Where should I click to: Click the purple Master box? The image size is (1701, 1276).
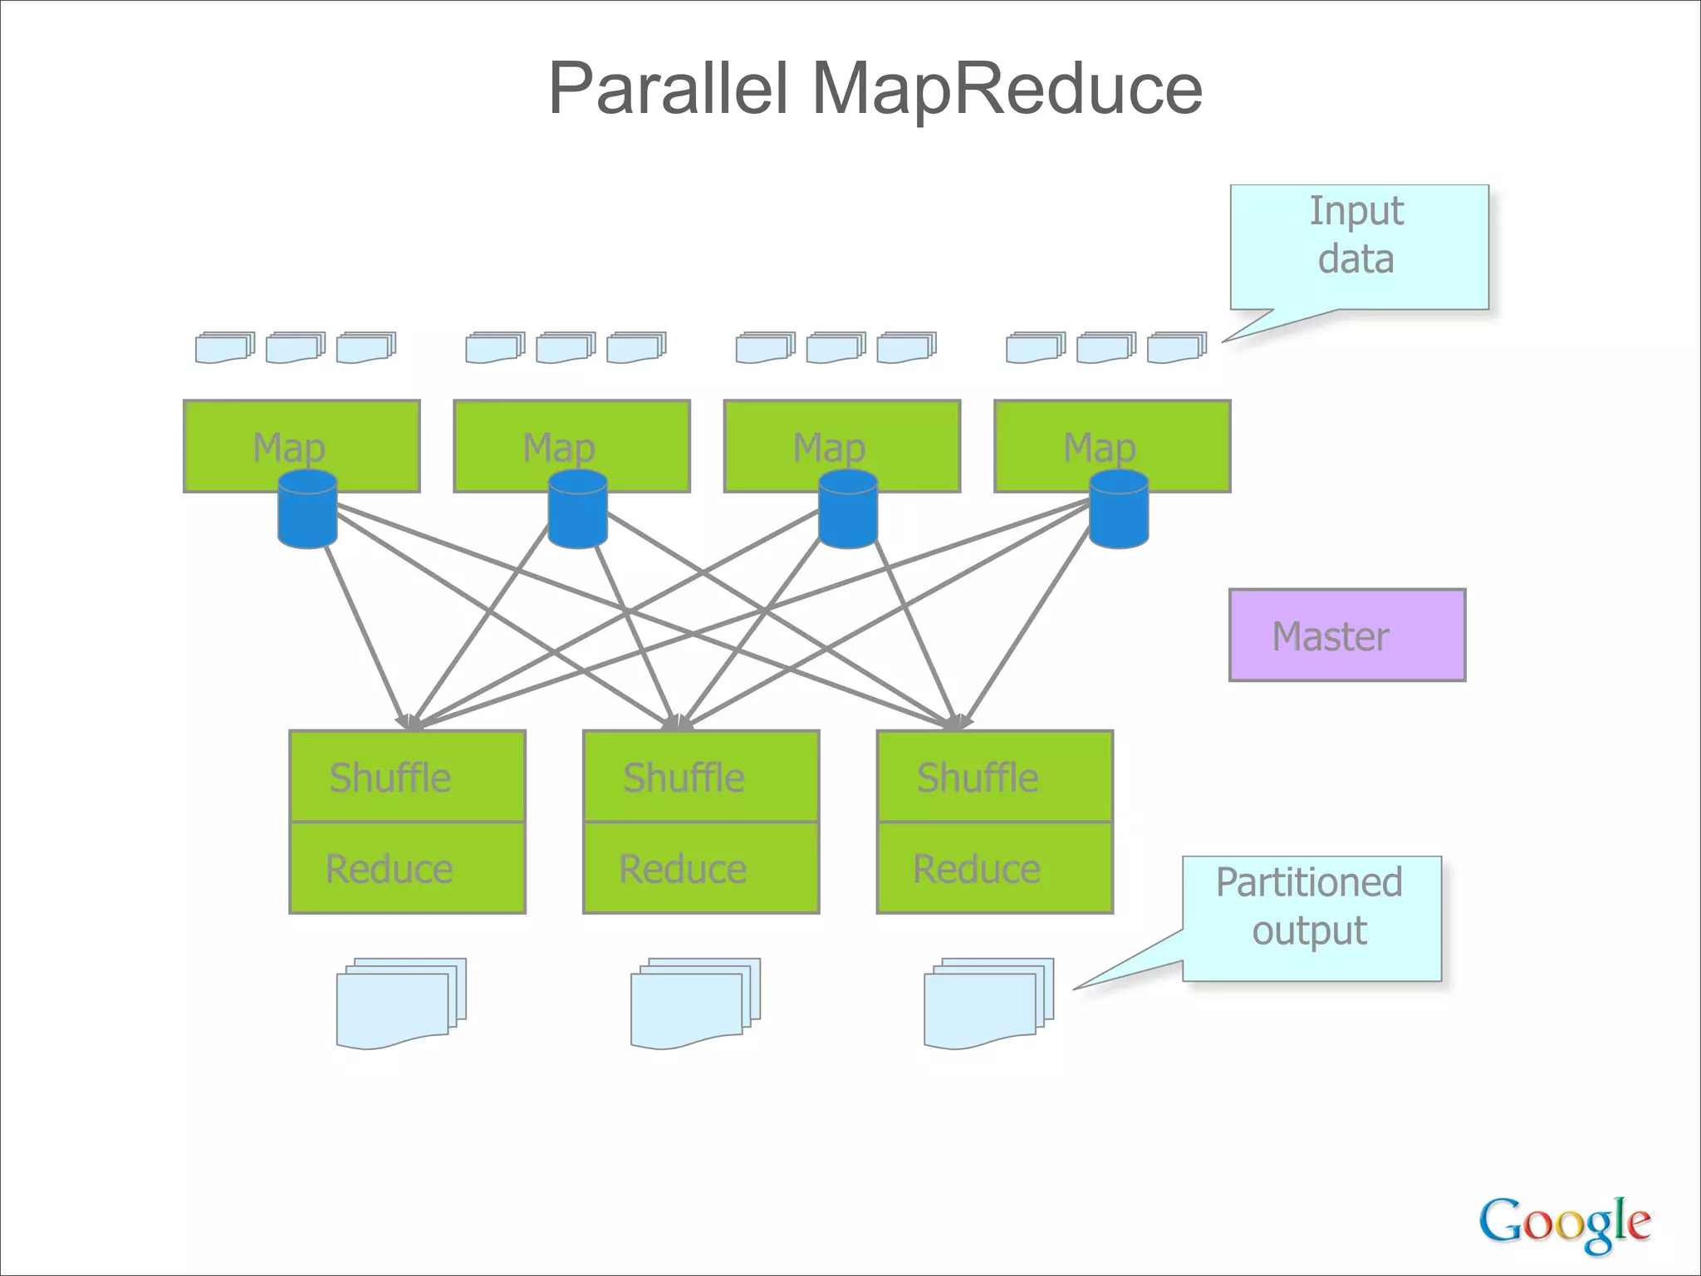click(x=1346, y=636)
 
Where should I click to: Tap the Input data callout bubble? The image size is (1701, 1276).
click(x=1359, y=247)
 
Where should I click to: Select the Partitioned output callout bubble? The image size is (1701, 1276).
click(x=1311, y=918)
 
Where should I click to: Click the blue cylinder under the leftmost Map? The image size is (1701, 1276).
click(x=307, y=509)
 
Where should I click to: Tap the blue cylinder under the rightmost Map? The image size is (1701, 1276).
click(x=1118, y=509)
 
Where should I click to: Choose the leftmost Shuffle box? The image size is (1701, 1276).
click(x=407, y=777)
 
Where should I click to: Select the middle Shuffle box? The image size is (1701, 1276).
click(x=701, y=777)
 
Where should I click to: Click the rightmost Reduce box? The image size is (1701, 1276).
click(x=994, y=868)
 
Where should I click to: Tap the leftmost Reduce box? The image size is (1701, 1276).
click(x=407, y=868)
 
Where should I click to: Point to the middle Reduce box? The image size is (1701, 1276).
click(x=701, y=868)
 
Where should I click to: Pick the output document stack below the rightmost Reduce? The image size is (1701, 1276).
click(x=988, y=1003)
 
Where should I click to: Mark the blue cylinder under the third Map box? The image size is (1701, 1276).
click(x=847, y=509)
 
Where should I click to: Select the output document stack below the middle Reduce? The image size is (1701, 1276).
click(x=694, y=1003)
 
